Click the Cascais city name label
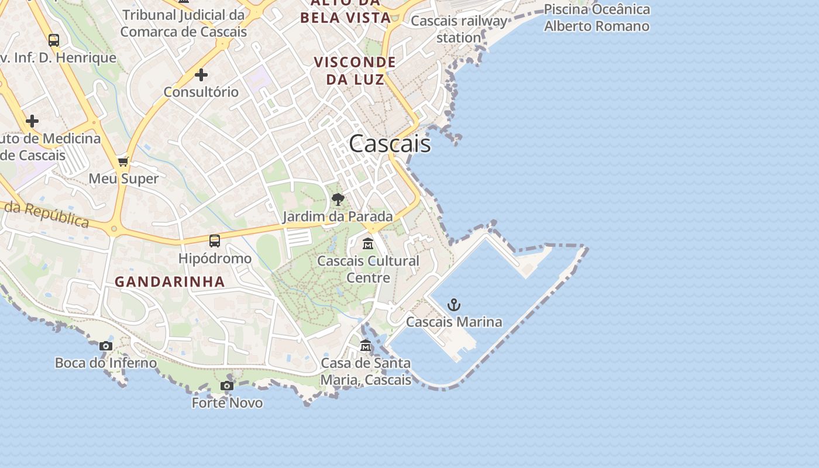click(390, 144)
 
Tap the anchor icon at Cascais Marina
click(454, 305)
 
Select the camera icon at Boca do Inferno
click(106, 346)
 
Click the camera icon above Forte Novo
click(227, 386)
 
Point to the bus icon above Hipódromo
click(215, 240)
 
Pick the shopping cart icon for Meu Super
click(123, 161)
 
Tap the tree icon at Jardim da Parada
click(338, 199)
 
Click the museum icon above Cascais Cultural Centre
click(368, 243)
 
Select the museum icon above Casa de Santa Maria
click(366, 346)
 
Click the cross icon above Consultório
click(201, 75)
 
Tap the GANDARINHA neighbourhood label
click(170, 281)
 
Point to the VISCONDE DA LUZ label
click(355, 70)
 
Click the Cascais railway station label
click(459, 29)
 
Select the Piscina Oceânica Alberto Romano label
click(597, 18)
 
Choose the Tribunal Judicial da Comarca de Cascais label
click(184, 23)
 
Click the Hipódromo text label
click(215, 258)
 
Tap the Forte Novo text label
click(227, 402)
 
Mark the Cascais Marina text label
click(454, 322)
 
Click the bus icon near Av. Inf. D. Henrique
click(54, 40)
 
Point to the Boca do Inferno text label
click(106, 363)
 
